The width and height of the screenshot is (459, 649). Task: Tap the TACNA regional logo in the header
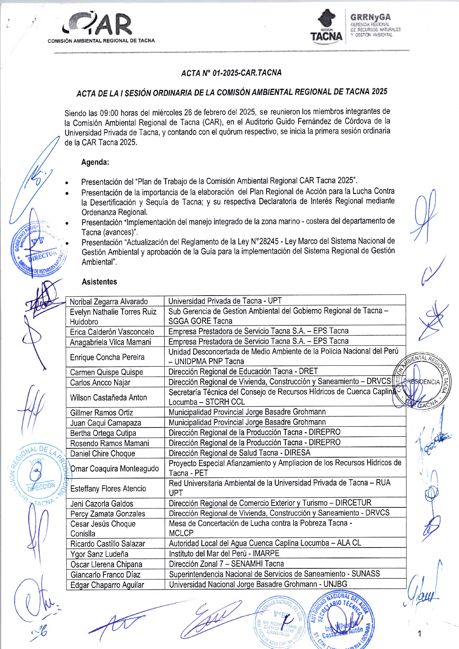pos(326,26)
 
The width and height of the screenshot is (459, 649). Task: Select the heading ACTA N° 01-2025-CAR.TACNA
pos(231,73)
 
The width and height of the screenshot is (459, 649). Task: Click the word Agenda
pos(95,162)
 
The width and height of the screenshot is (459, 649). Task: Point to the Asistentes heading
pos(99,282)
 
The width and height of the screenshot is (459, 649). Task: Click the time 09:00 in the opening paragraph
pos(109,113)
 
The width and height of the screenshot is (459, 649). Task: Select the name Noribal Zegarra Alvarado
pos(109,302)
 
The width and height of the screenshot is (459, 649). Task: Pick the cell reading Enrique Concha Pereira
pos(107,357)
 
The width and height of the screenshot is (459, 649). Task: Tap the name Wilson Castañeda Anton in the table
pos(108,398)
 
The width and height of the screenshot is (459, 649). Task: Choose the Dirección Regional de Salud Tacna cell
pos(240,453)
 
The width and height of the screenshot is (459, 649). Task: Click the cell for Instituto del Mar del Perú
pos(224,553)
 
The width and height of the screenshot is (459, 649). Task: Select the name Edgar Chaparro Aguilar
pos(107,585)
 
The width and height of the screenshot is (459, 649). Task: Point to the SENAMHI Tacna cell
pos(226,564)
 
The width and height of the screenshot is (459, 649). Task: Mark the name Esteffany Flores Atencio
pos(108,488)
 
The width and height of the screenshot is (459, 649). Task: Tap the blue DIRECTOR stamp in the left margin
pos(39,249)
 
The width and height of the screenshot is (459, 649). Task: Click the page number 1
pos(420,633)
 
